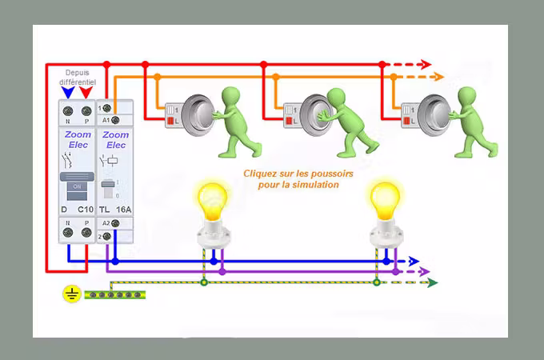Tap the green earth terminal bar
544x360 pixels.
coord(115,294)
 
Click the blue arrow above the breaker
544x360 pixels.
coord(68,91)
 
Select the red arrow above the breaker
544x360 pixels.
coord(86,91)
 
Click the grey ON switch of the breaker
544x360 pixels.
coord(77,186)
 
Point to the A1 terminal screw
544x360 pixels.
coord(116,119)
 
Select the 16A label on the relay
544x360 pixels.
coord(122,209)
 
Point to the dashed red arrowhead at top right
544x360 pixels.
coord(426,64)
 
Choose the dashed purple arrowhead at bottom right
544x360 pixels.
coord(425,271)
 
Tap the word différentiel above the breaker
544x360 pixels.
coord(78,82)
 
